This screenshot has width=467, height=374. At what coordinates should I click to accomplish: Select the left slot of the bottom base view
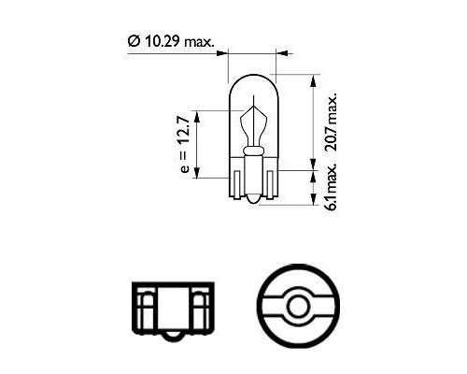click(144, 305)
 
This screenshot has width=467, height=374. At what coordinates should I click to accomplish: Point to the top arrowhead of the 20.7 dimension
click(310, 79)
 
